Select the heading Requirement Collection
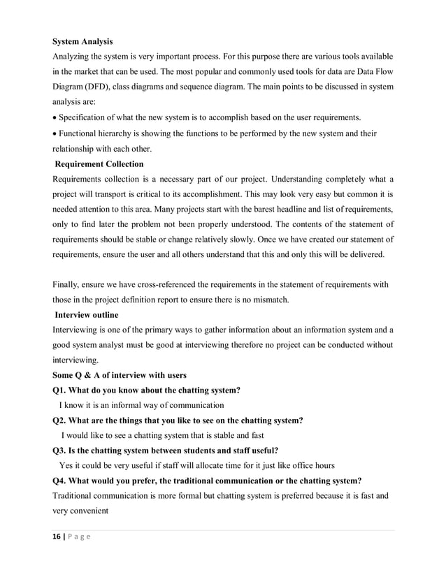click(x=100, y=164)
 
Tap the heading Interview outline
click(x=92, y=314)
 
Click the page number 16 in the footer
click(x=58, y=536)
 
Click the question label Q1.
click(x=61, y=390)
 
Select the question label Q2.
click(x=61, y=420)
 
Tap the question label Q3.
click(x=61, y=450)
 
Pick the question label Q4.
click(x=61, y=480)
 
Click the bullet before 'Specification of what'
click(x=55, y=117)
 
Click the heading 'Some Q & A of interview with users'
click(x=120, y=375)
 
